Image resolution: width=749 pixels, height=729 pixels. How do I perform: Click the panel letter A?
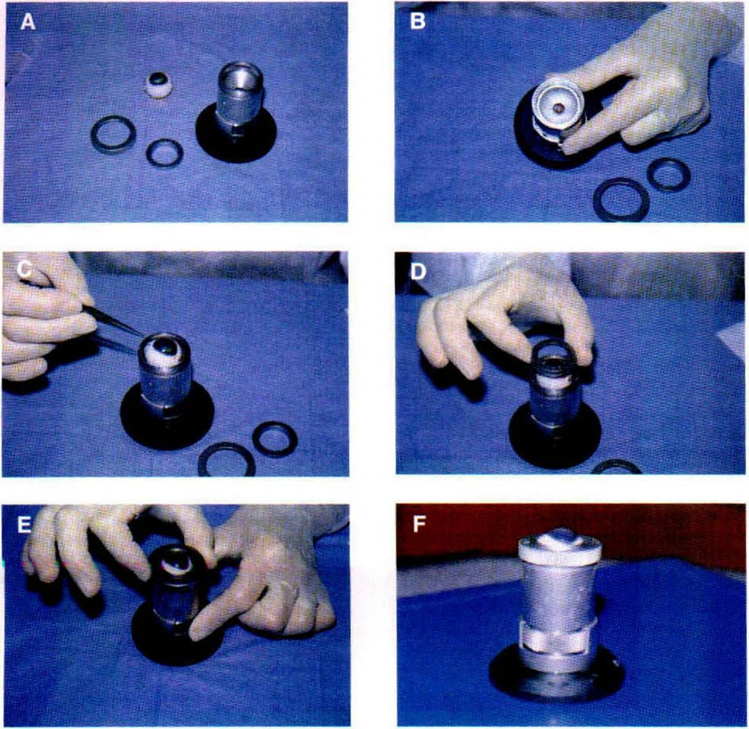click(28, 22)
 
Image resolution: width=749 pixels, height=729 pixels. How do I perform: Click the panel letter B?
click(418, 22)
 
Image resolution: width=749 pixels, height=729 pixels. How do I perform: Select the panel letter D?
click(418, 272)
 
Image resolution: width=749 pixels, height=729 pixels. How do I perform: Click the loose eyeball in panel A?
click(158, 86)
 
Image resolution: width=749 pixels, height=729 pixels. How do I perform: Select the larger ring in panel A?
click(113, 134)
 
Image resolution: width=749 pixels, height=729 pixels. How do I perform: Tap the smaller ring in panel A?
click(165, 153)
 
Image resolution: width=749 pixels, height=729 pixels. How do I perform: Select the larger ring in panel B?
click(621, 200)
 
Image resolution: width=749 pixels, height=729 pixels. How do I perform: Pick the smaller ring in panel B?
click(668, 174)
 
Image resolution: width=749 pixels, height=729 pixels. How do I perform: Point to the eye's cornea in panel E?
click(177, 563)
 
